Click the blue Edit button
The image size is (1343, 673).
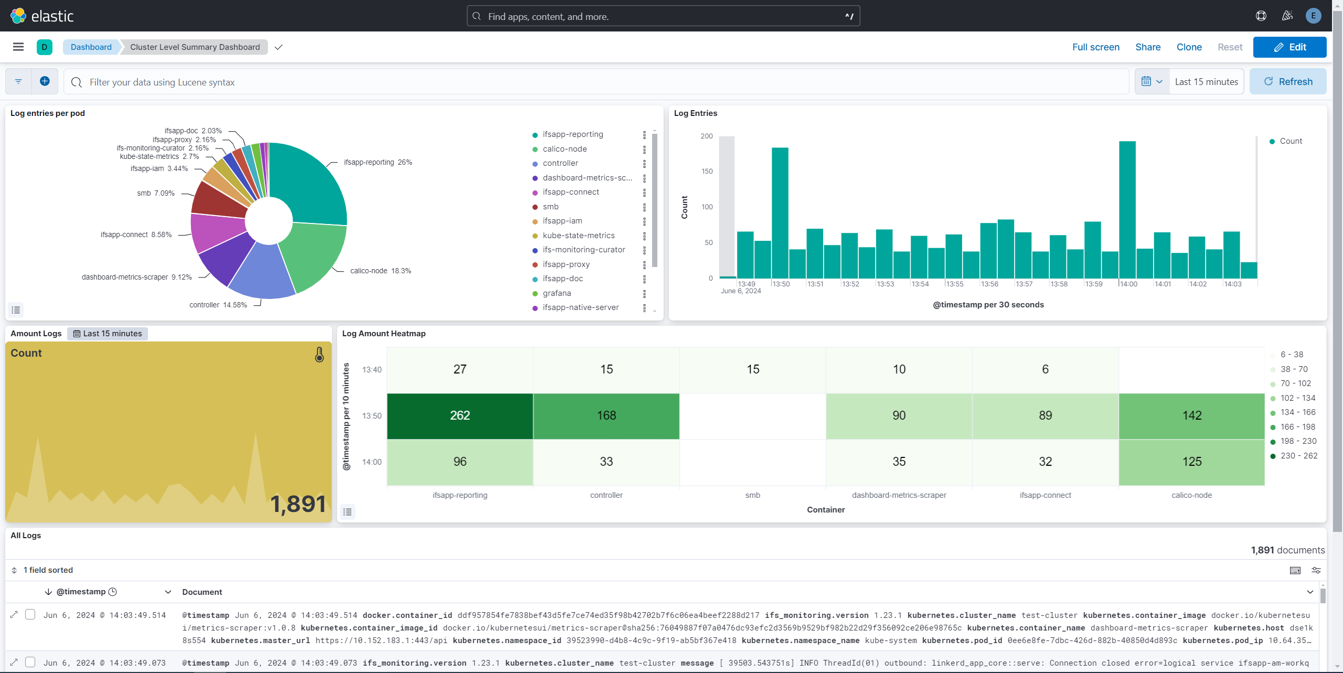[x=1289, y=47]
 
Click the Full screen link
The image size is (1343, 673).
[x=1095, y=47]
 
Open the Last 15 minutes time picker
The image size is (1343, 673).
[x=1206, y=82]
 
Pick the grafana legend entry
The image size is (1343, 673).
[x=557, y=293]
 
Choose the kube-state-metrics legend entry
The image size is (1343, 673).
[x=578, y=236]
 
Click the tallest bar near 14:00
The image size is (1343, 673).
[x=1127, y=210]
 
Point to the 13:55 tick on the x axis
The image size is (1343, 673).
[x=955, y=284]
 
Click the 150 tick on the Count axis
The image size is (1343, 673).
[x=707, y=172]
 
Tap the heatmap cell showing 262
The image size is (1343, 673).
[x=460, y=415]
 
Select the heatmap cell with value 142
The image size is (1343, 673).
[x=1191, y=415]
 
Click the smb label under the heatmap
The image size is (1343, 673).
[x=752, y=495]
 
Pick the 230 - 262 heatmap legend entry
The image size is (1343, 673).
[x=1298, y=456]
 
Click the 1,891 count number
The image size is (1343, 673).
[x=298, y=504]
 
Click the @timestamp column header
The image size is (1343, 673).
[x=81, y=592]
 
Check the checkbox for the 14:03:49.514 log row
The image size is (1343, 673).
[x=30, y=614]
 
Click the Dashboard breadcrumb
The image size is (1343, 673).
[x=91, y=47]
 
